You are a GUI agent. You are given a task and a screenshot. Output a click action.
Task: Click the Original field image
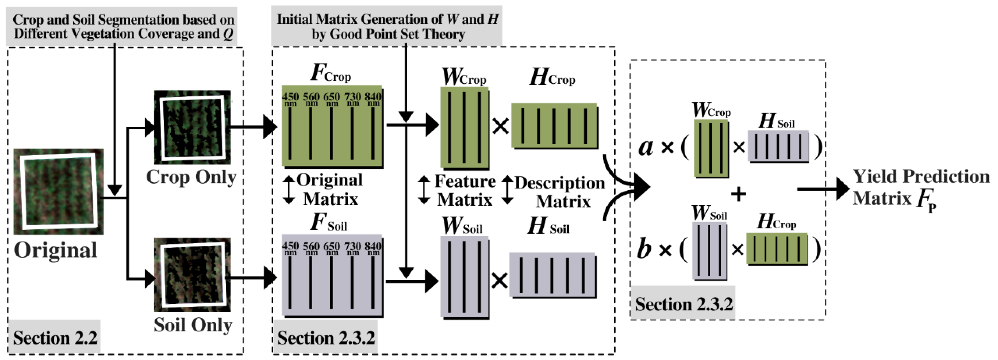pos(59,192)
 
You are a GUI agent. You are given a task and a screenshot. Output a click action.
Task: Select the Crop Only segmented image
pos(192,128)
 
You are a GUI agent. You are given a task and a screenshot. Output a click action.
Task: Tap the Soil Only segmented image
pos(192,275)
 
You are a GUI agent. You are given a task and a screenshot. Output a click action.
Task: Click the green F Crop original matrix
pos(332,126)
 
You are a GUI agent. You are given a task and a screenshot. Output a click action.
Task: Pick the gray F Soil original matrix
pos(332,276)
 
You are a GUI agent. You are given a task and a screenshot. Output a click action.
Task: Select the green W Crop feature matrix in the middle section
pos(464,128)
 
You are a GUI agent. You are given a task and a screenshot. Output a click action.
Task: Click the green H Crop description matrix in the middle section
pos(554,126)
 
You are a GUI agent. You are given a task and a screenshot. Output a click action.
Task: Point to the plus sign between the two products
pos(738,194)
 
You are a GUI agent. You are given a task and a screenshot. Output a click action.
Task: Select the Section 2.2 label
pos(55,337)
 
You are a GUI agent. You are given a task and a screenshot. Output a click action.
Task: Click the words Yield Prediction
pos(921,177)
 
